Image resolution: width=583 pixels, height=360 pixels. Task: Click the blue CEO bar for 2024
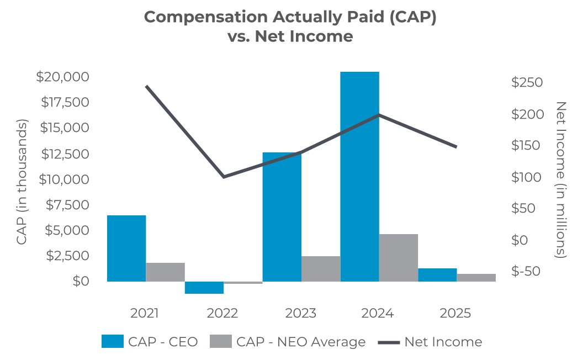coord(359,177)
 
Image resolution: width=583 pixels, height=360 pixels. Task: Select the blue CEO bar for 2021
coord(126,248)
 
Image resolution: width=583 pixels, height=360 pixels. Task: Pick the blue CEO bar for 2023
coord(282,217)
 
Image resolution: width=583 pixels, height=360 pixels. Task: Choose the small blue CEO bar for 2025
coord(437,275)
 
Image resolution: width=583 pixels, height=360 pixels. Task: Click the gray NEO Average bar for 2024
coord(399,258)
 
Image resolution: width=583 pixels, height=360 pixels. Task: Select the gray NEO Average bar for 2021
coord(166,272)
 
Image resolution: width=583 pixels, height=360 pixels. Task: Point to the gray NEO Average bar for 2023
coord(321,269)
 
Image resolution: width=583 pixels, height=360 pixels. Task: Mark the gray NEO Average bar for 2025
coord(476,278)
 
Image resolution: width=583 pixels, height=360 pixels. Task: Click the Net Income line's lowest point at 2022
coord(224,177)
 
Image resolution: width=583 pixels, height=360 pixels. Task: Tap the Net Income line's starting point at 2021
coord(146,86)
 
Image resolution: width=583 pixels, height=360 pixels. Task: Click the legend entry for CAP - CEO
coord(150,342)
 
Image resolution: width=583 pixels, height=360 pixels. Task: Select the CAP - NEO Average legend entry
coord(288,342)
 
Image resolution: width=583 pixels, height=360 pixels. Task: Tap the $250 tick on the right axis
coord(527,83)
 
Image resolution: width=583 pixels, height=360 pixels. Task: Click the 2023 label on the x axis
coord(300,314)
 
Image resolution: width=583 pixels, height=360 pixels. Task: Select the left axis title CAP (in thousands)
coord(22,182)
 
